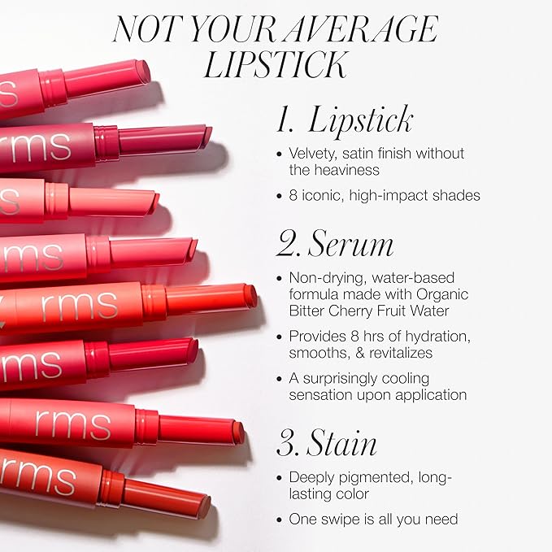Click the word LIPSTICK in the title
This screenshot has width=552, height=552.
click(276, 64)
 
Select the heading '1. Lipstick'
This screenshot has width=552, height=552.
click(345, 119)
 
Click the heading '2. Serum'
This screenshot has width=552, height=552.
click(335, 243)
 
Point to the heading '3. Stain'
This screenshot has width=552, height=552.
click(327, 442)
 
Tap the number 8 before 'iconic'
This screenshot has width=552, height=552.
click(293, 195)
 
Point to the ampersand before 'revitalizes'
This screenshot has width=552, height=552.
click(359, 353)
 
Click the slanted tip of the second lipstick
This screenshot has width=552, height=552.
click(207, 133)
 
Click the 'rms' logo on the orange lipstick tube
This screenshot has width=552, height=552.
click(80, 306)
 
